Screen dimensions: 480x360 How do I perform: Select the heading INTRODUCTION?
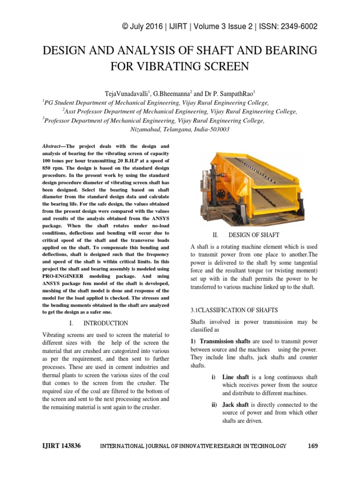(105, 323)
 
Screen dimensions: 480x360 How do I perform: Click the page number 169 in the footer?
(313, 446)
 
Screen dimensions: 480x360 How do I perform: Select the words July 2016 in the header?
(149, 26)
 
